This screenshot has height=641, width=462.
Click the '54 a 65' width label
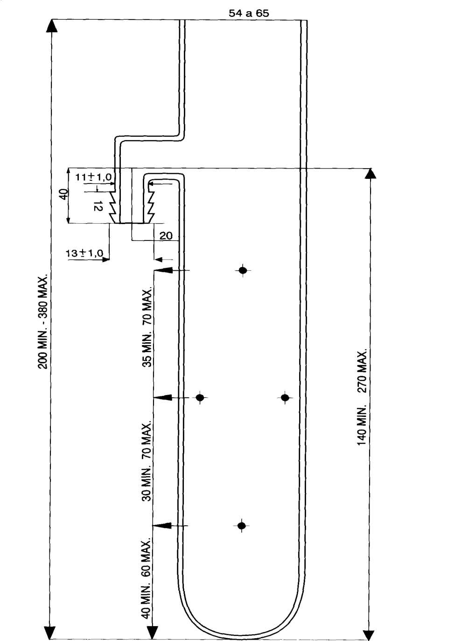(249, 13)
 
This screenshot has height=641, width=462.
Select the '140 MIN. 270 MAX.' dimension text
(362, 398)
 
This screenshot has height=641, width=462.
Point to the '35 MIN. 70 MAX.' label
(147, 328)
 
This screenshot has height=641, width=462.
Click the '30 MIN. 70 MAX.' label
(147, 461)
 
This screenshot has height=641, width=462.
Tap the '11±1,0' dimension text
(93, 177)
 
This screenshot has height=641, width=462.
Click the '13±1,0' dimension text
(84, 253)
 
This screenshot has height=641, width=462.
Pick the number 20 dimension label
(166, 236)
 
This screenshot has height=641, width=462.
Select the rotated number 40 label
(65, 194)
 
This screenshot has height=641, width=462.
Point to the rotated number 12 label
(98, 206)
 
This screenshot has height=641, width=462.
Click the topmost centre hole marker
(243, 270)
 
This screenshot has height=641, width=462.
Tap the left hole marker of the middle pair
(200, 397)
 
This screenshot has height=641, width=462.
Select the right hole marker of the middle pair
(285, 398)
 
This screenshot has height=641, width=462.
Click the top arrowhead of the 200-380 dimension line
(51, 26)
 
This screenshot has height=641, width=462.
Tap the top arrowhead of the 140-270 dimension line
(371, 173)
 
